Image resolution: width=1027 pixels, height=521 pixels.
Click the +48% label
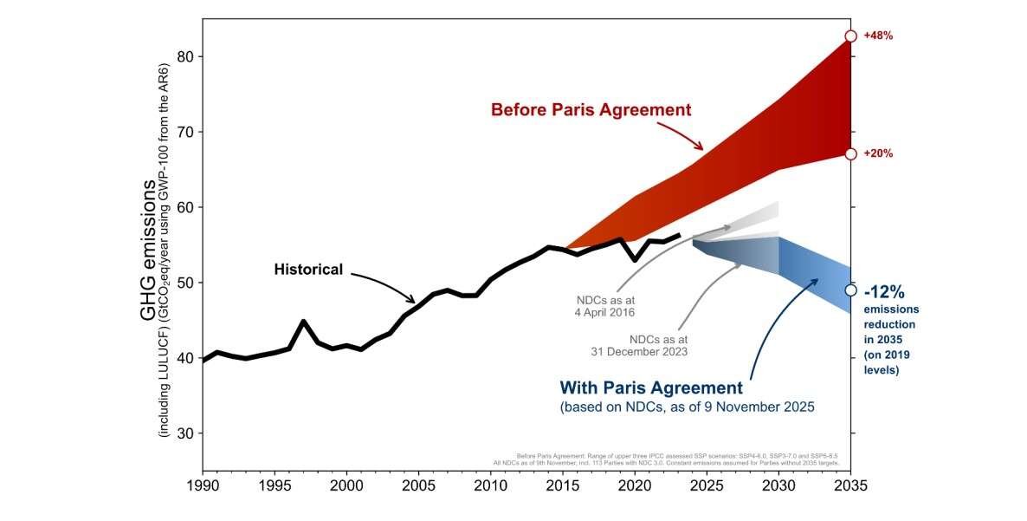click(878, 36)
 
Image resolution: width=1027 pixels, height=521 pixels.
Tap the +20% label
click(878, 153)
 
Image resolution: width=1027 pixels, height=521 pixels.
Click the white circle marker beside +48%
click(850, 36)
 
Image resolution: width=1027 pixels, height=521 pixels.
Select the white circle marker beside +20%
click(850, 153)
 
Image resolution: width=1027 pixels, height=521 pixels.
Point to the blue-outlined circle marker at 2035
click(850, 290)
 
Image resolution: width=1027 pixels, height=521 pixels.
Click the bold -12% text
click(884, 291)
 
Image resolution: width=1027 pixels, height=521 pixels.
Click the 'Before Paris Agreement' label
click(591, 110)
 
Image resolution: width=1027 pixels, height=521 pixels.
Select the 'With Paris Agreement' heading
click(651, 387)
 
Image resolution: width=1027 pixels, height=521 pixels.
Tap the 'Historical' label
click(308, 269)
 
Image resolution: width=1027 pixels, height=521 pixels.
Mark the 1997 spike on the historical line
click(304, 322)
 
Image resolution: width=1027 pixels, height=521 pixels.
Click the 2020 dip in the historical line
click(635, 259)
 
